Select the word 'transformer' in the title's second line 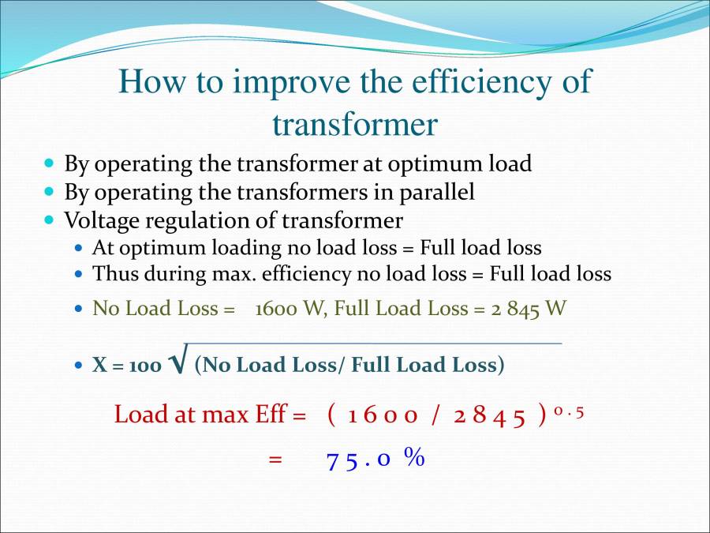(355, 125)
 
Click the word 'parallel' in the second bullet (436, 192)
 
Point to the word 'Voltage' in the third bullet (99, 220)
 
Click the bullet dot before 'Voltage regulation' (50, 219)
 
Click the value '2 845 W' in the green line (529, 308)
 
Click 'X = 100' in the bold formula (127, 366)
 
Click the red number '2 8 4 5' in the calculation (489, 415)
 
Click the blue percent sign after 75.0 (414, 457)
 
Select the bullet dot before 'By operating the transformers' (50, 191)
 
